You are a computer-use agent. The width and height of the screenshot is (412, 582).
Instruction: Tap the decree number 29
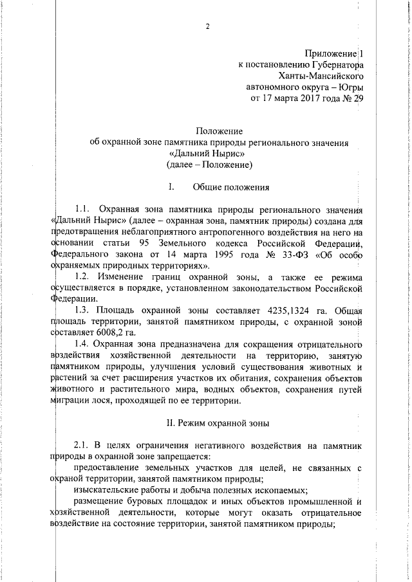pos(358,99)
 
